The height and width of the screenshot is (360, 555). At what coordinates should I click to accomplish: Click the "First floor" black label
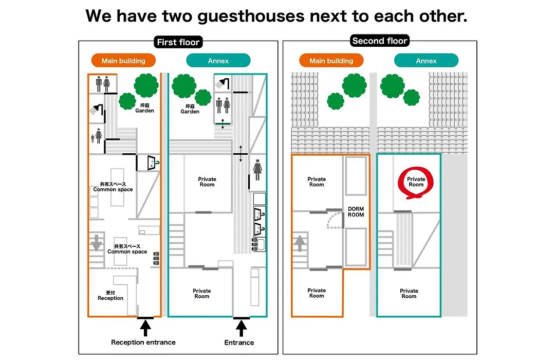[178, 42]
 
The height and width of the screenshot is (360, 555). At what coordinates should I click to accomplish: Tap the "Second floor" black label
[379, 41]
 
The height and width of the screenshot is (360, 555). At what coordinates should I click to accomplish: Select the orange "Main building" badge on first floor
[123, 61]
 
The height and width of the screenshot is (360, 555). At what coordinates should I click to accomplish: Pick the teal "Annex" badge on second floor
[426, 61]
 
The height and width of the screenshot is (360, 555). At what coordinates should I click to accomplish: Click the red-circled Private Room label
[416, 182]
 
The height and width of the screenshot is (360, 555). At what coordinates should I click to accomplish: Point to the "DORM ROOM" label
[356, 212]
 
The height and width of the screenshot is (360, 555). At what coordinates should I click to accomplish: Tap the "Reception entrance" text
[143, 343]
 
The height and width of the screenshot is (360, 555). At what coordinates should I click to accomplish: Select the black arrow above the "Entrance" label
[242, 328]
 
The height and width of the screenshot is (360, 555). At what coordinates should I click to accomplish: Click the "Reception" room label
[110, 296]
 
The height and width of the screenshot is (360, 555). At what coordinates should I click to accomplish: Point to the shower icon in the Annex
[223, 84]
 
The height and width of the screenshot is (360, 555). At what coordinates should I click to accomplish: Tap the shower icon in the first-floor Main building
[96, 109]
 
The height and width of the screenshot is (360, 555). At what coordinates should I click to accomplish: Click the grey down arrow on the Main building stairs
[96, 243]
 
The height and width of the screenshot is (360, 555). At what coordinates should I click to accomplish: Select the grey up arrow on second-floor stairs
[300, 243]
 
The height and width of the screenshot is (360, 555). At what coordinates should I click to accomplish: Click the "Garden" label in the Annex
[190, 109]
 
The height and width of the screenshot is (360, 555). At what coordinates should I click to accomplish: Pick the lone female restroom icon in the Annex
[257, 170]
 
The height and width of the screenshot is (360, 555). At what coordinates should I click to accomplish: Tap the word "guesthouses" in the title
[251, 16]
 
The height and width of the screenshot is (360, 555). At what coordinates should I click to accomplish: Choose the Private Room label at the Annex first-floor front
[202, 293]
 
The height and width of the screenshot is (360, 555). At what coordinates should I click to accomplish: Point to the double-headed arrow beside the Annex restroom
[240, 154]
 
